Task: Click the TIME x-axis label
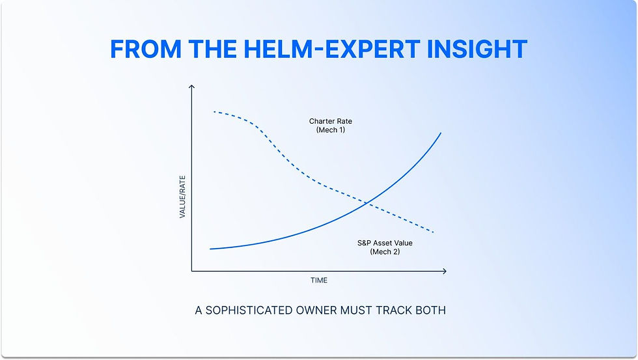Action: pos(319,281)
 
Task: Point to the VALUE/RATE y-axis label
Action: pos(183,193)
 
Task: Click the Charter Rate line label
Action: pos(330,121)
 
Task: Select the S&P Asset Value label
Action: pos(385,243)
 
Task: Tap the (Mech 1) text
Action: pos(330,130)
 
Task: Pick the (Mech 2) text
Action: pos(385,252)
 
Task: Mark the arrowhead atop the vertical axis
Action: pos(191,87)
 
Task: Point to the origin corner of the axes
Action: pos(191,270)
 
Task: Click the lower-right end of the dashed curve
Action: pos(433,232)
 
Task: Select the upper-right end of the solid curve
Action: pos(441,133)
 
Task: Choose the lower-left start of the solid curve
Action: pos(210,249)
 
